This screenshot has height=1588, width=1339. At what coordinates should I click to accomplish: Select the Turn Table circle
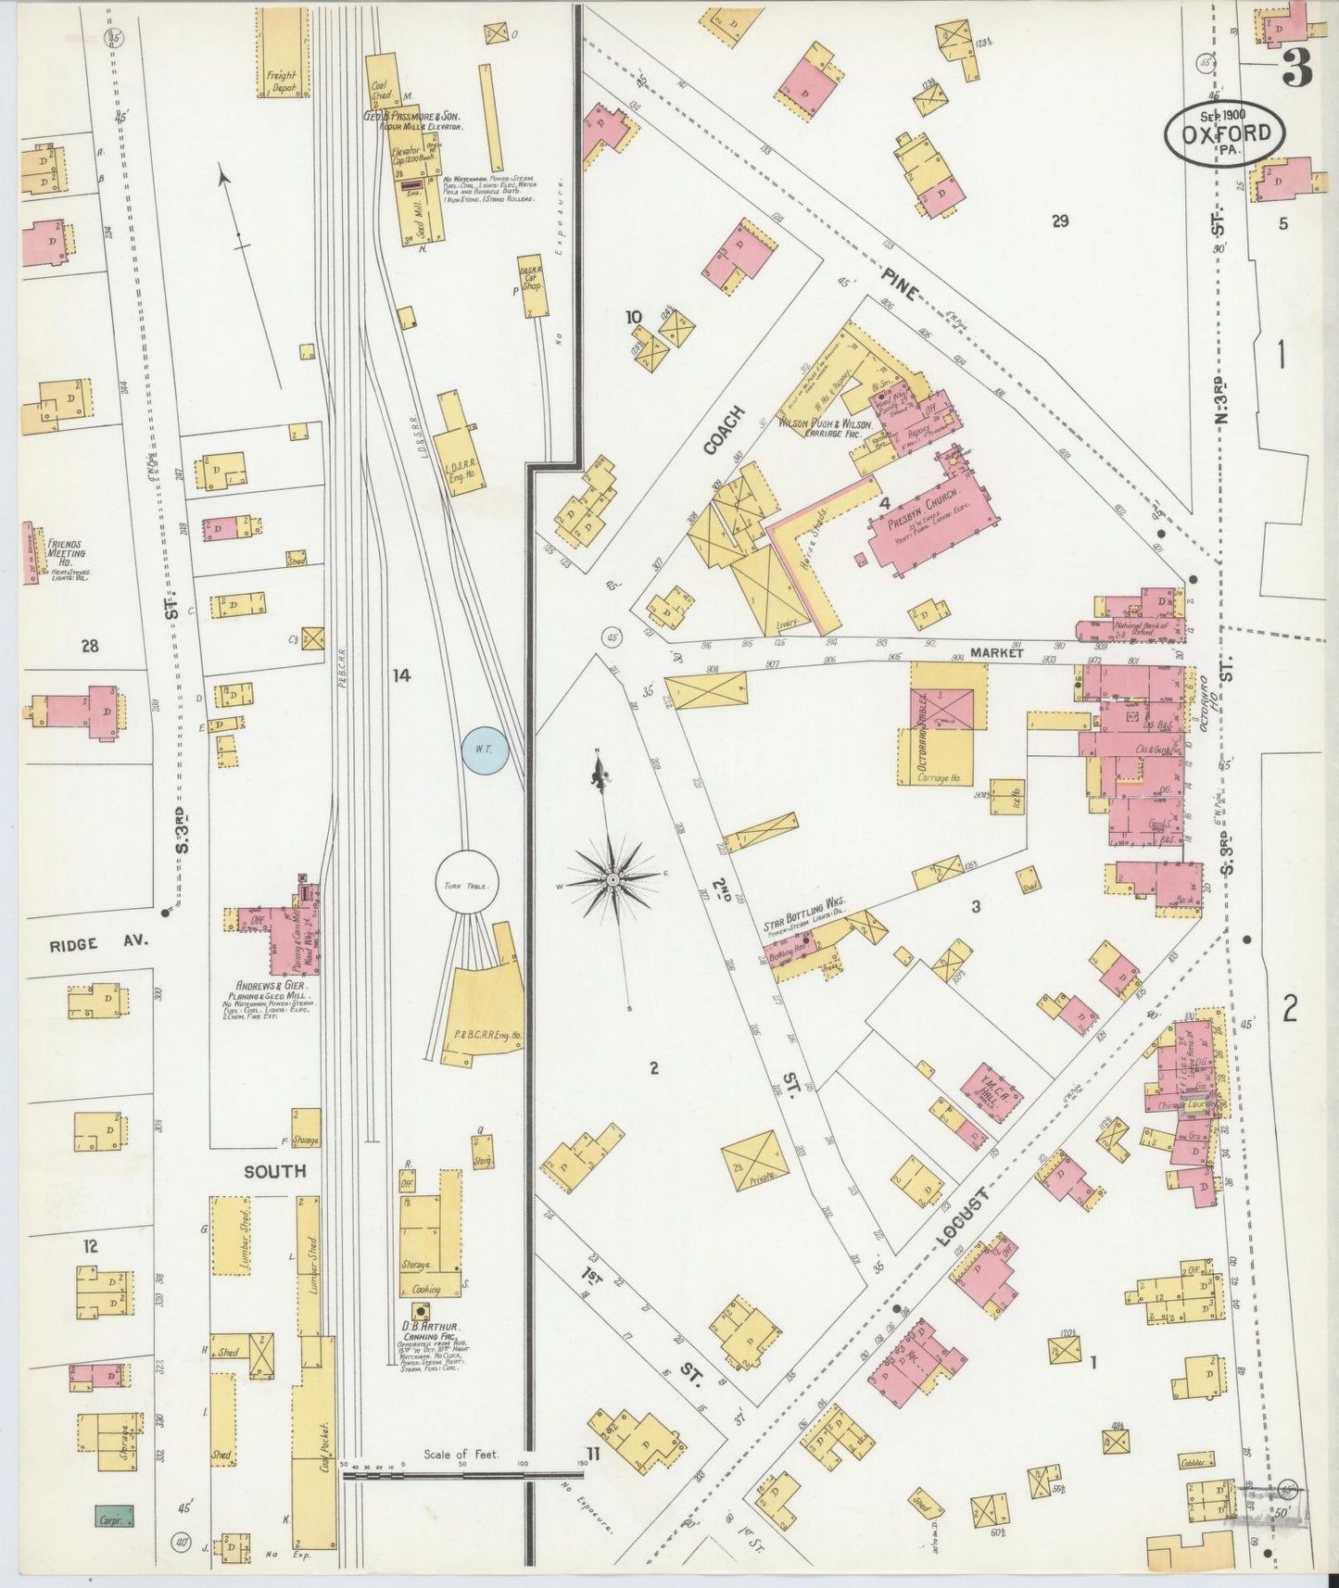click(466, 884)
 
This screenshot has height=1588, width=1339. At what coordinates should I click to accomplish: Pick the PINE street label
click(899, 282)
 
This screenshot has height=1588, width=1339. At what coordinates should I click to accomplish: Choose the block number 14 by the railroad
click(399, 676)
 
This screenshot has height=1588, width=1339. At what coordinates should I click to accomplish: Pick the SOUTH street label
click(274, 1171)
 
